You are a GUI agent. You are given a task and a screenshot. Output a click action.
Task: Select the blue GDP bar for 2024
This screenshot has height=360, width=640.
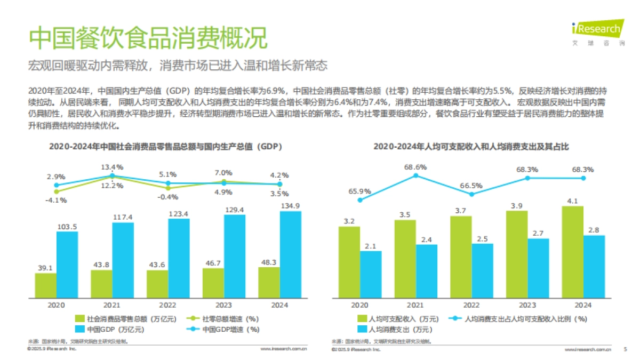pyautogui.click(x=290, y=254)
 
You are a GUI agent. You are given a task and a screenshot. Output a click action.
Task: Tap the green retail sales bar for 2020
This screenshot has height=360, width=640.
pyautogui.click(x=45, y=285)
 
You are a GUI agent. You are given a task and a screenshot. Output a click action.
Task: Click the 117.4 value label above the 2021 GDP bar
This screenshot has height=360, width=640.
pyautogui.click(x=123, y=217)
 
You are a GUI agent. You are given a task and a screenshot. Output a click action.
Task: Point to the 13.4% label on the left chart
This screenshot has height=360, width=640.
pyautogui.click(x=112, y=167)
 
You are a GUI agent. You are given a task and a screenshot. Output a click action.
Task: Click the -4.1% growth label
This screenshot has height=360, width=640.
pyautogui.click(x=56, y=201)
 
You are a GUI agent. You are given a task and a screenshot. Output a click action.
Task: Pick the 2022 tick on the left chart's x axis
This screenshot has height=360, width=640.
pyautogui.click(x=168, y=305)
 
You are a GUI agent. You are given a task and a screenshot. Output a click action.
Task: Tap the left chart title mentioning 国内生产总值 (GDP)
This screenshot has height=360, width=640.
pyautogui.click(x=165, y=146)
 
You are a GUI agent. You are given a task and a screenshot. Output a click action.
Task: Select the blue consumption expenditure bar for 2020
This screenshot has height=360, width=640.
pyautogui.click(x=371, y=274)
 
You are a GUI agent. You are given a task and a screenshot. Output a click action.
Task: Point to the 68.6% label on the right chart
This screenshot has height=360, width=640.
pyautogui.click(x=415, y=167)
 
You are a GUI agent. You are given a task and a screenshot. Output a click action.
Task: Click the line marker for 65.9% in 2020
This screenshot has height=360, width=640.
pyautogui.click(x=360, y=201)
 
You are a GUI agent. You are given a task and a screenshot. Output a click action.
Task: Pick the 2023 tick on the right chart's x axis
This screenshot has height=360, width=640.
pyautogui.click(x=527, y=305)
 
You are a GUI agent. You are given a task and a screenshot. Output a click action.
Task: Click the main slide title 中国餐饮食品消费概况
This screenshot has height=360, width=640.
pyautogui.click(x=147, y=38)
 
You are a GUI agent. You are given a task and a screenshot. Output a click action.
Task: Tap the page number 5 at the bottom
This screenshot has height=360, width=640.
pyautogui.click(x=625, y=349)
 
